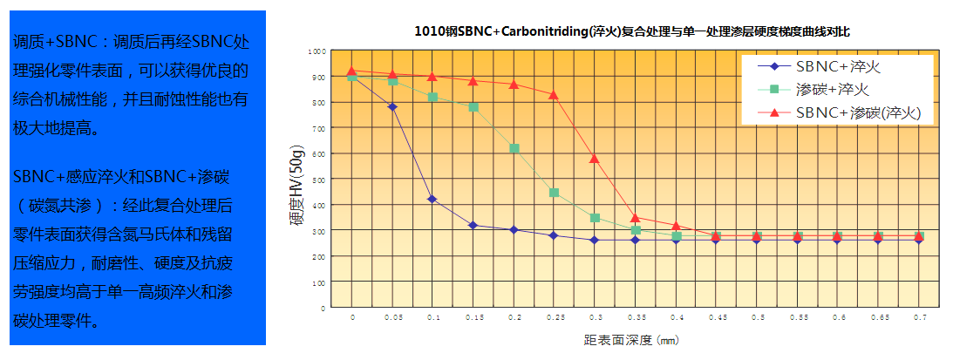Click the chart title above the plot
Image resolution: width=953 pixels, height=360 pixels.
click(632, 31)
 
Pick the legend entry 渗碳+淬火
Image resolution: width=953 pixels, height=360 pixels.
click(833, 89)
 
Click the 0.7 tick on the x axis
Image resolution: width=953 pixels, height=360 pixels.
click(918, 320)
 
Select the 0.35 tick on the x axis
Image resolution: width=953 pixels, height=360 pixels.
click(635, 320)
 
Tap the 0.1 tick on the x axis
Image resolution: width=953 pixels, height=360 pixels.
click(432, 320)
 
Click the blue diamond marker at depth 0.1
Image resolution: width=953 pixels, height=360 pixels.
click(432, 200)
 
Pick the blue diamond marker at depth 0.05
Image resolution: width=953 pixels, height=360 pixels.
click(392, 107)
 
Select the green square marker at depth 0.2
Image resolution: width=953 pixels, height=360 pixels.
click(514, 149)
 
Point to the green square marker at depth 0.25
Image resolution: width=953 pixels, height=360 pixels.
click(554, 193)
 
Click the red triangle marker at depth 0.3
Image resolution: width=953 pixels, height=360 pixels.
click(595, 159)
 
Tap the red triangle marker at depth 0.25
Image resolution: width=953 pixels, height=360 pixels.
click(554, 93)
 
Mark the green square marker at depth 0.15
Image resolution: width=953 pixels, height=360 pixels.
click(473, 107)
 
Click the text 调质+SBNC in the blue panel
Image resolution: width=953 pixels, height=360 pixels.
click(60, 41)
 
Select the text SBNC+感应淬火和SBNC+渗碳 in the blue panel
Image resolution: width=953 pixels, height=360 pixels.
click(121, 177)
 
